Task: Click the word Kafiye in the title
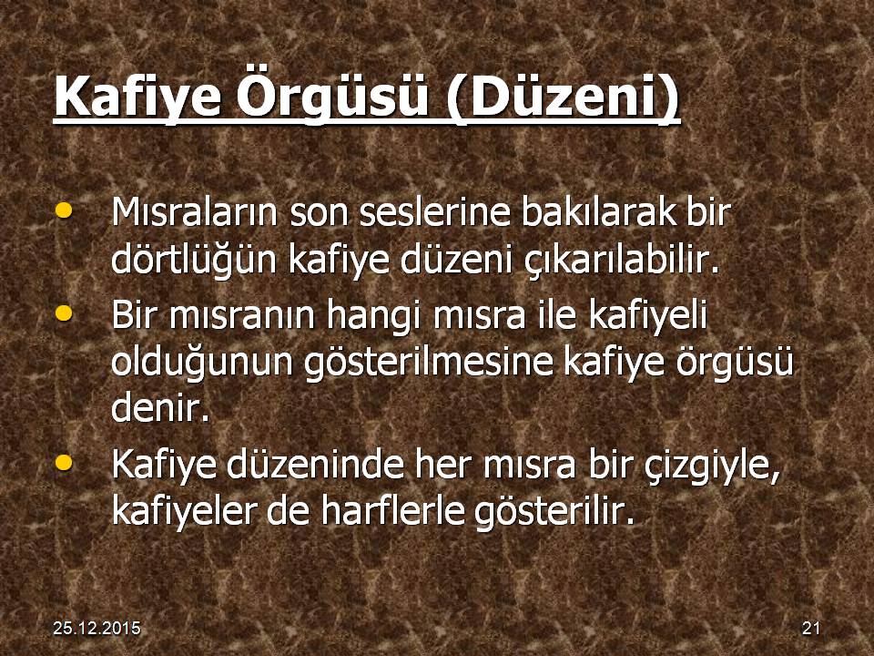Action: [137, 97]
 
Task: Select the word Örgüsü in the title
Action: [332, 96]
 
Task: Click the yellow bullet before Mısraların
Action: [65, 210]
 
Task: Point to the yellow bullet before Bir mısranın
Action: [65, 313]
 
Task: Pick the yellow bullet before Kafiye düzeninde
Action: [65, 463]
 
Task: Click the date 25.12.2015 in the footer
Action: [97, 628]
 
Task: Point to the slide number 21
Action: [811, 628]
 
